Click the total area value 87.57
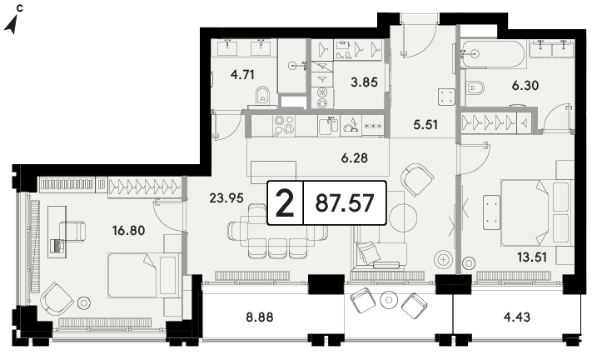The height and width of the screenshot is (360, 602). (345, 202)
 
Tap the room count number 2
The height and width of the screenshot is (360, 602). (285, 202)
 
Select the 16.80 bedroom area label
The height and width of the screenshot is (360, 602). (128, 231)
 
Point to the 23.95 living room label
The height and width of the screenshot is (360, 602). (226, 197)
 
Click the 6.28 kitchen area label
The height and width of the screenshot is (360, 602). (355, 157)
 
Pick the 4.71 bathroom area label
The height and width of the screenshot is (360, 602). (242, 74)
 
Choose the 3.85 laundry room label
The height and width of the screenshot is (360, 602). (365, 82)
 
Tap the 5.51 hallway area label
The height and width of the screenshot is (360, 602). (425, 124)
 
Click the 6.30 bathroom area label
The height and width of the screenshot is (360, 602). (525, 85)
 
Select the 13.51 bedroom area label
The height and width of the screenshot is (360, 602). (532, 257)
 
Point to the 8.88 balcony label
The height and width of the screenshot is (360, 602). (260, 317)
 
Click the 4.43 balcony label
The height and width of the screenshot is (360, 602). (517, 317)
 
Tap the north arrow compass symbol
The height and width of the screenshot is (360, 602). (12, 24)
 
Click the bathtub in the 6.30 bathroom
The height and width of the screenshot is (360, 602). (493, 54)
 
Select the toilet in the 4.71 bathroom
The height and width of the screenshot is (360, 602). (263, 95)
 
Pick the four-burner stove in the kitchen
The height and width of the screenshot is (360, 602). (284, 125)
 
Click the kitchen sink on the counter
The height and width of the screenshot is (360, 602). (329, 126)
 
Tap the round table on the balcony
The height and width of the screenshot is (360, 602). (389, 300)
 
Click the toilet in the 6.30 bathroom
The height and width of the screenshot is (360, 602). (475, 88)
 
